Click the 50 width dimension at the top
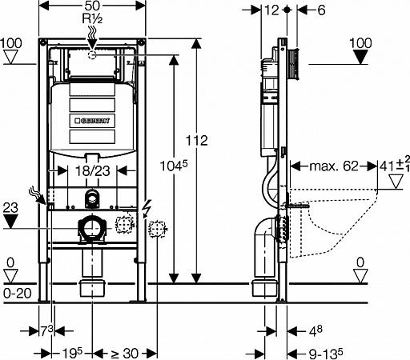pos(92,6)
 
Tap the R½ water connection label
pos(92,18)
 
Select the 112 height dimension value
pos(197,141)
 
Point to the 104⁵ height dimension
pos(174,166)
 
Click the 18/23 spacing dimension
pos(92,171)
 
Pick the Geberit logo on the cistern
pos(92,121)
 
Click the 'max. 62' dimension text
pos(334,166)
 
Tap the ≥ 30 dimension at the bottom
pos(124,354)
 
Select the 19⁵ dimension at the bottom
pos(72,354)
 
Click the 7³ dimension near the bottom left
pos(46,331)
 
